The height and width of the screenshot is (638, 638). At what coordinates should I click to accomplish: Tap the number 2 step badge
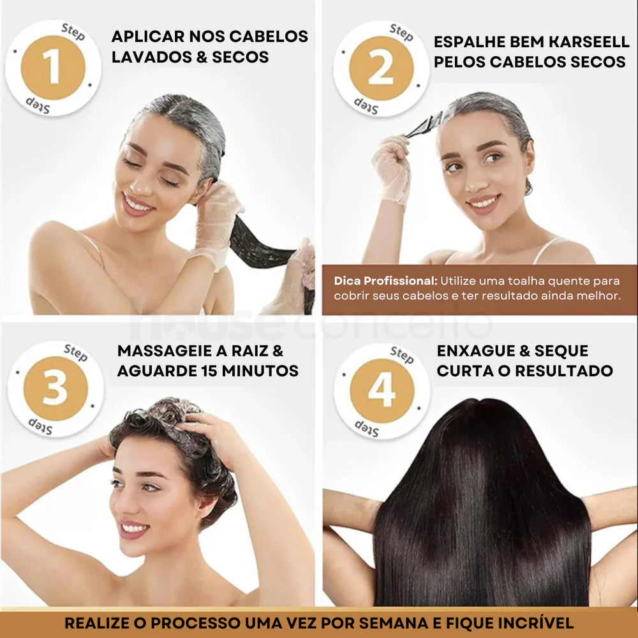click(x=382, y=68)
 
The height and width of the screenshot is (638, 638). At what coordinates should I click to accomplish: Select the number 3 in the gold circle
click(x=56, y=389)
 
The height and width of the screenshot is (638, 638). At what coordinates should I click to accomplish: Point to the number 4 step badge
click(x=382, y=390)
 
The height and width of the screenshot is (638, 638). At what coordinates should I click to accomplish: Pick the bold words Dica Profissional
click(x=385, y=281)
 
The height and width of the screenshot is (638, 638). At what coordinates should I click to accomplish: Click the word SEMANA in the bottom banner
click(x=394, y=623)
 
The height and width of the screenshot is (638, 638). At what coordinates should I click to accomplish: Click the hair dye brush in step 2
click(x=424, y=125)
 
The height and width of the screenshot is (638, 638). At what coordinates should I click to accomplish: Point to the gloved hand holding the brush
click(x=392, y=170)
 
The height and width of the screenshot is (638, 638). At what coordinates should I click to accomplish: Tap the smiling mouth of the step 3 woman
click(x=134, y=529)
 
